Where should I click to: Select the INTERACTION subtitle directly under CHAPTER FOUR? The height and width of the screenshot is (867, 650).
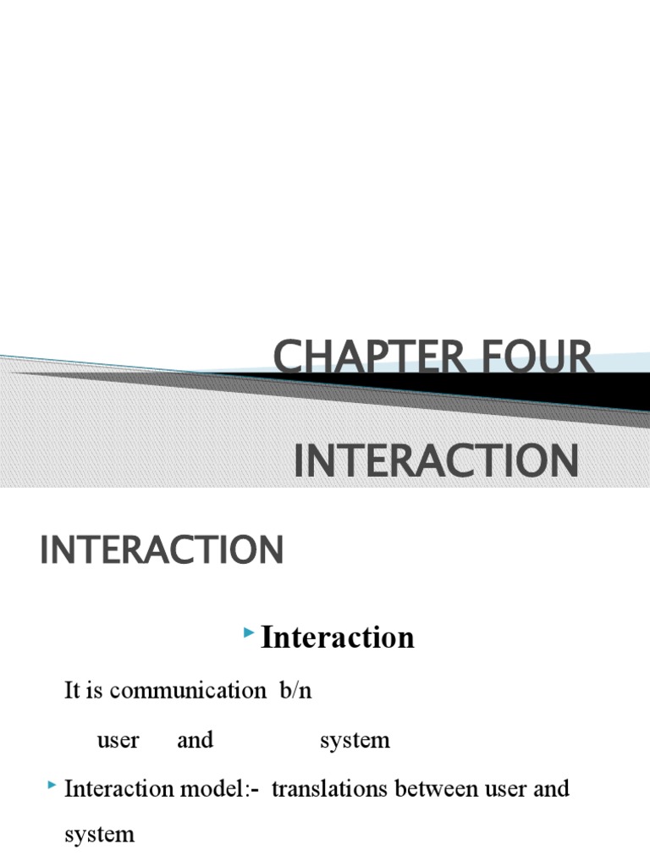(436, 461)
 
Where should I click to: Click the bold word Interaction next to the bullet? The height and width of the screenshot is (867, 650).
(338, 638)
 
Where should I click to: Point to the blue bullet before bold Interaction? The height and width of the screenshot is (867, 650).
(248, 633)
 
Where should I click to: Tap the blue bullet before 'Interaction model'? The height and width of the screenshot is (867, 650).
(52, 787)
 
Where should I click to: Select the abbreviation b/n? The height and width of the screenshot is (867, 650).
(295, 690)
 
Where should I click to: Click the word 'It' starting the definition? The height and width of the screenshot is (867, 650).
(73, 690)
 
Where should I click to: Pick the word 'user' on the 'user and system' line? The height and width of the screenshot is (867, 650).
(118, 740)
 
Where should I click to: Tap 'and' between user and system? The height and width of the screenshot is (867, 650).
(195, 740)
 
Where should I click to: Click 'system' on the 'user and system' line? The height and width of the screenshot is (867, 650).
(355, 740)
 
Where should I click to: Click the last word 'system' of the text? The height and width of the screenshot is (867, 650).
(99, 834)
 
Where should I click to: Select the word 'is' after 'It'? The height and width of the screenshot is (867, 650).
(95, 690)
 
